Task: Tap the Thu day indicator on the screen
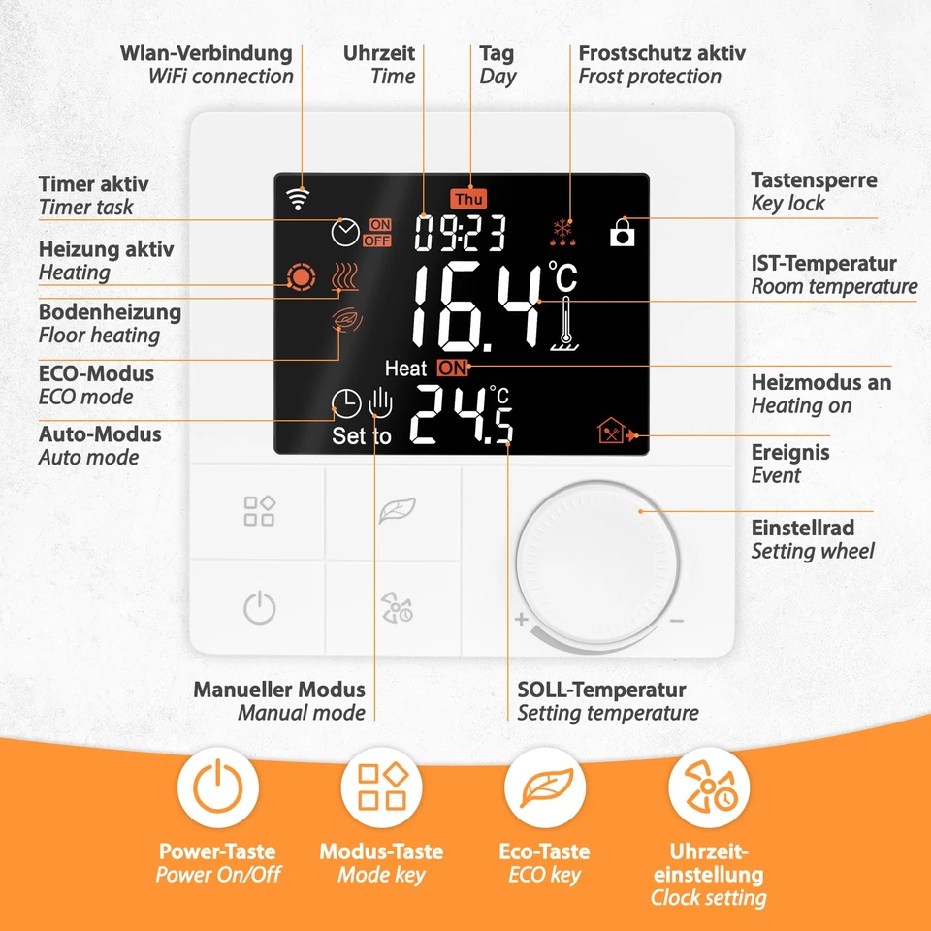[469, 199]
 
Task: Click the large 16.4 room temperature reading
[475, 307]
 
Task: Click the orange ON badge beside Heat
[451, 368]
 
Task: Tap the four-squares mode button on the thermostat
[259, 510]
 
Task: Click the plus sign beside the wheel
[521, 620]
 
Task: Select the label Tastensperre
[814, 180]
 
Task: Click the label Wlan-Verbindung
[206, 53]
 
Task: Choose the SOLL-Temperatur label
[601, 690]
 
